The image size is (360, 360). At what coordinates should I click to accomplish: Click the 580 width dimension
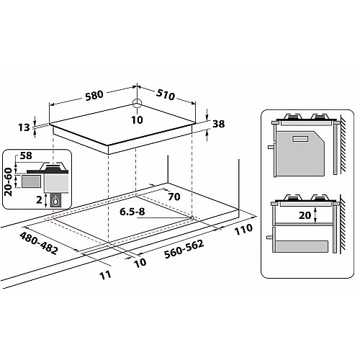(x=94, y=95)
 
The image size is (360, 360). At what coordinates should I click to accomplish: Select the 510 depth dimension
(x=166, y=94)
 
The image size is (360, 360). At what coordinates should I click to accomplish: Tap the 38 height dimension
(x=219, y=124)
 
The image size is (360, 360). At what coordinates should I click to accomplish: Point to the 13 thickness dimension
(x=24, y=127)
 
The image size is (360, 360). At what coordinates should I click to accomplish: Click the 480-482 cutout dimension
(x=39, y=243)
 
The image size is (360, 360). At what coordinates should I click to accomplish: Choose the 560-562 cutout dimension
(x=184, y=249)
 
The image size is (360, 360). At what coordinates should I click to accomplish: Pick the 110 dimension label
(x=243, y=230)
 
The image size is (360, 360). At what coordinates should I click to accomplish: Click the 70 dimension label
(x=174, y=197)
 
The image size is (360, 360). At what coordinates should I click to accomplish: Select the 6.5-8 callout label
(x=132, y=212)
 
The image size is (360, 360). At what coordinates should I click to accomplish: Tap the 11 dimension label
(x=105, y=275)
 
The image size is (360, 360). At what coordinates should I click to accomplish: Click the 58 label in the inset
(x=26, y=156)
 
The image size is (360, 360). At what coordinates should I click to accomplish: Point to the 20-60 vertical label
(x=9, y=181)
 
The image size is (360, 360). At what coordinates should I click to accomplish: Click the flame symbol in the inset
(x=55, y=201)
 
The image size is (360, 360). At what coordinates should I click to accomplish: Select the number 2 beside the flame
(x=39, y=199)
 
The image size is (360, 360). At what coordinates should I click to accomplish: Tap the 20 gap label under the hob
(x=305, y=215)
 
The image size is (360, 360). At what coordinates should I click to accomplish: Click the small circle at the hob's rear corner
(x=137, y=103)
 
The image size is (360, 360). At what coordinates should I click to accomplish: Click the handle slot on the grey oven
(x=300, y=138)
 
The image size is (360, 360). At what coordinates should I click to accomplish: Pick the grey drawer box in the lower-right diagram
(x=302, y=246)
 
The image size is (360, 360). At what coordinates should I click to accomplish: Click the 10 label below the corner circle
(x=137, y=120)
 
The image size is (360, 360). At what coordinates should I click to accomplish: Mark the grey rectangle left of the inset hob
(x=30, y=181)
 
